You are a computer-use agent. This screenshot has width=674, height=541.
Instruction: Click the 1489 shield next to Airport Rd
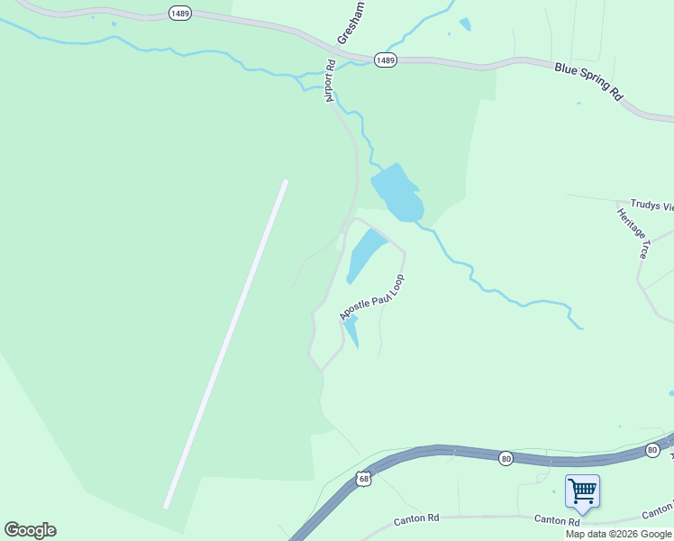pyautogui.click(x=385, y=60)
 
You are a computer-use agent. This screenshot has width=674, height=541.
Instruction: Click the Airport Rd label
pyautogui.click(x=331, y=81)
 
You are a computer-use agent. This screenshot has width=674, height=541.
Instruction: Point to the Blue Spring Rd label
pyautogui.click(x=588, y=80)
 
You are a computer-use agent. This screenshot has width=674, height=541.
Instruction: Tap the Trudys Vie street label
pyautogui.click(x=651, y=206)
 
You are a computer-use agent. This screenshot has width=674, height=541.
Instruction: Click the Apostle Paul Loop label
pyautogui.click(x=372, y=297)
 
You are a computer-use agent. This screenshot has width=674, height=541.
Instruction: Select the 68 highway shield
pyautogui.click(x=362, y=477)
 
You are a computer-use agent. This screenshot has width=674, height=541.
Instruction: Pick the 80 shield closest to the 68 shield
pyautogui.click(x=506, y=458)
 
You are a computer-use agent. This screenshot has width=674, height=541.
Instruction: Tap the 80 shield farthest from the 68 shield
pyautogui.click(x=651, y=449)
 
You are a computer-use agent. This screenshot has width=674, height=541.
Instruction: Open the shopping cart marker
pyautogui.click(x=582, y=492)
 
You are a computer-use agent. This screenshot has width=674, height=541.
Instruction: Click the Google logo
pyautogui.click(x=30, y=530)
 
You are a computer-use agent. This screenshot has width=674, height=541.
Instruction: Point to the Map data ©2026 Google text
pyautogui.click(x=619, y=534)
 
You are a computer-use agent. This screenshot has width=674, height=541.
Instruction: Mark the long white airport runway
pyautogui.click(x=225, y=344)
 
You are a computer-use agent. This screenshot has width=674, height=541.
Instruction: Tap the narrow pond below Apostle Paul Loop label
pyautogui.click(x=351, y=331)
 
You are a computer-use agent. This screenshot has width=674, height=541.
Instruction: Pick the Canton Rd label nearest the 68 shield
pyautogui.click(x=416, y=521)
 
